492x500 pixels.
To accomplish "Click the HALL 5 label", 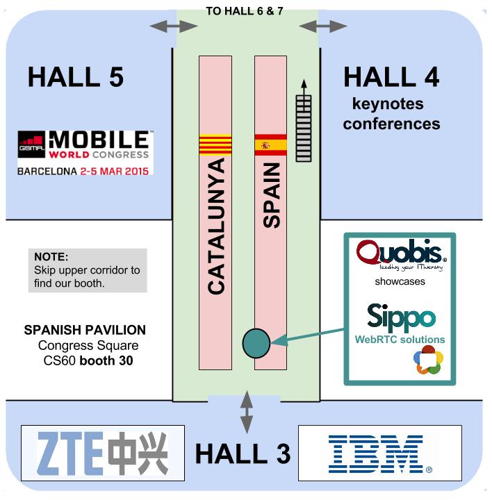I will tap(75, 77).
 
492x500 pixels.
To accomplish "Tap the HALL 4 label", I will tap(391, 77).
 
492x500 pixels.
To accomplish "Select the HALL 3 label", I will tap(243, 453).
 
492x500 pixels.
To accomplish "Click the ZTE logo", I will tap(103, 453).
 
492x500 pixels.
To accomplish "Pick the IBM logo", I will tap(379, 453).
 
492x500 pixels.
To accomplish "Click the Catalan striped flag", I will tap(215, 145).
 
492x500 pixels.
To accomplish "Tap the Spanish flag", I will tap(271, 145).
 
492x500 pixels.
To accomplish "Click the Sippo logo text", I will tap(401, 317).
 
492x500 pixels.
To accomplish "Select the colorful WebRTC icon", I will tap(428, 362).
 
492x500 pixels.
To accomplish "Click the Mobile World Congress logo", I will tap(85, 151).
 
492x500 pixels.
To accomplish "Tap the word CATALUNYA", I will tap(216, 226).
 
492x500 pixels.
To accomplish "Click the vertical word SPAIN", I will tap(272, 195).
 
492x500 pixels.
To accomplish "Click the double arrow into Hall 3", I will tap(246, 414).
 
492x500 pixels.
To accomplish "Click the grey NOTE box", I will tap(88, 270).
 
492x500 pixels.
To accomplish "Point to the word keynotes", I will tap(388, 104).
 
